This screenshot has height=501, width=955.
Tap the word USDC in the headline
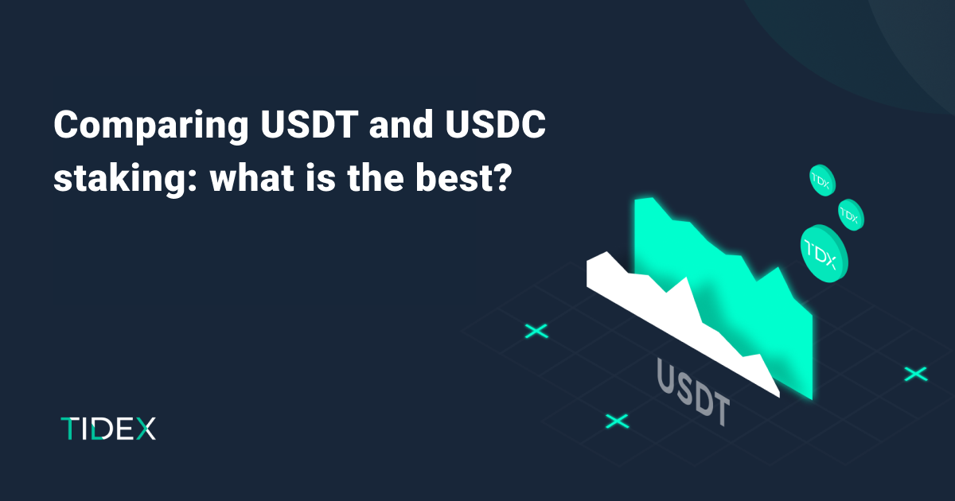pyautogui.click(x=496, y=124)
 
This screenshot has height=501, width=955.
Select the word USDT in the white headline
pyautogui.click(x=310, y=124)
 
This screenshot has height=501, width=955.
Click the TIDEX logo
pyautogui.click(x=108, y=429)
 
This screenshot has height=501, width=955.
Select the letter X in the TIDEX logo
pyautogui.click(x=146, y=429)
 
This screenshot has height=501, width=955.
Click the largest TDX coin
pyautogui.click(x=824, y=254)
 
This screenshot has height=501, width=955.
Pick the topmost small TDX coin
pyautogui.click(x=822, y=181)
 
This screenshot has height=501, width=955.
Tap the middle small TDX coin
pyautogui.click(x=851, y=216)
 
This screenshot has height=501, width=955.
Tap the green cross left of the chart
pyautogui.click(x=536, y=331)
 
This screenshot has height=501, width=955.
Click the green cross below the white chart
pyautogui.click(x=617, y=421)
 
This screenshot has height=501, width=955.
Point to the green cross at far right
pyautogui.click(x=916, y=374)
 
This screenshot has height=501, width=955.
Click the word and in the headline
pyautogui.click(x=401, y=124)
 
